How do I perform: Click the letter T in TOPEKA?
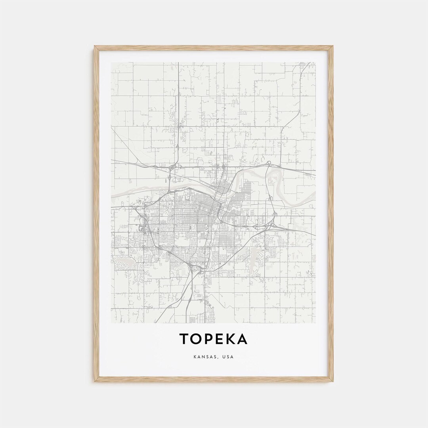(184, 339)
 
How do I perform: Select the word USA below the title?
(228, 357)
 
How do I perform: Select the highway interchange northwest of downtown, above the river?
(171, 168)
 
